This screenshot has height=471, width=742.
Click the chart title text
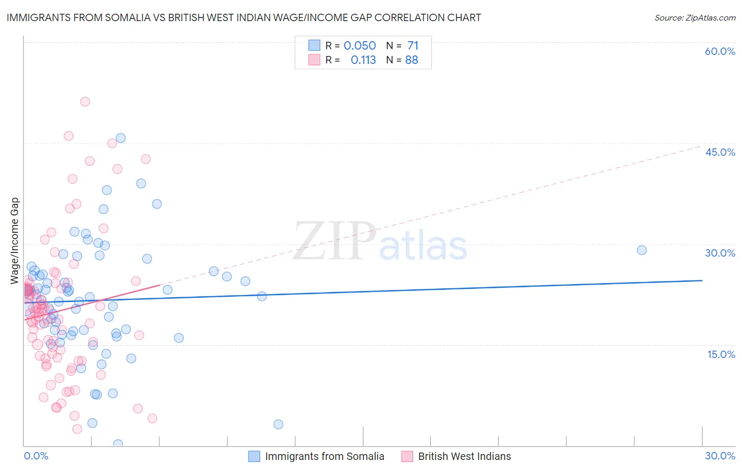(243, 17)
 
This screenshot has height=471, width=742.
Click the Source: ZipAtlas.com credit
(695, 17)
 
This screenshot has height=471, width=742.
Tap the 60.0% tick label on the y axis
(720, 51)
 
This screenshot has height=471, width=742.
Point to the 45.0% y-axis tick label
(720, 152)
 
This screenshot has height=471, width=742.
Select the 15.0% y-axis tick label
(721, 354)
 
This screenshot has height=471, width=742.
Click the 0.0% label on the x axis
(36, 456)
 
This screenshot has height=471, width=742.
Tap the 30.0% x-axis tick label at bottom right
(720, 456)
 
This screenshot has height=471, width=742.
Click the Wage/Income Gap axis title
(14, 241)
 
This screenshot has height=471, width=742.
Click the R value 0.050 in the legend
(359, 45)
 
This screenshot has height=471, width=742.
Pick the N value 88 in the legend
(412, 60)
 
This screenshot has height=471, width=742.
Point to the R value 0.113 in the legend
(363, 60)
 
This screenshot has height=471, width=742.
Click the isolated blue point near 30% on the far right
(642, 250)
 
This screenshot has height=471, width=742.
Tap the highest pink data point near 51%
(85, 102)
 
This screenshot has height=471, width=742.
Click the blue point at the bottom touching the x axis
(118, 444)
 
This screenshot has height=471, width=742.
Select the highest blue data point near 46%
(120, 138)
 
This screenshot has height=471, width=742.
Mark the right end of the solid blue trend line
(702, 280)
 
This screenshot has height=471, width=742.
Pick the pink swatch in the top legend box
(314, 60)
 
